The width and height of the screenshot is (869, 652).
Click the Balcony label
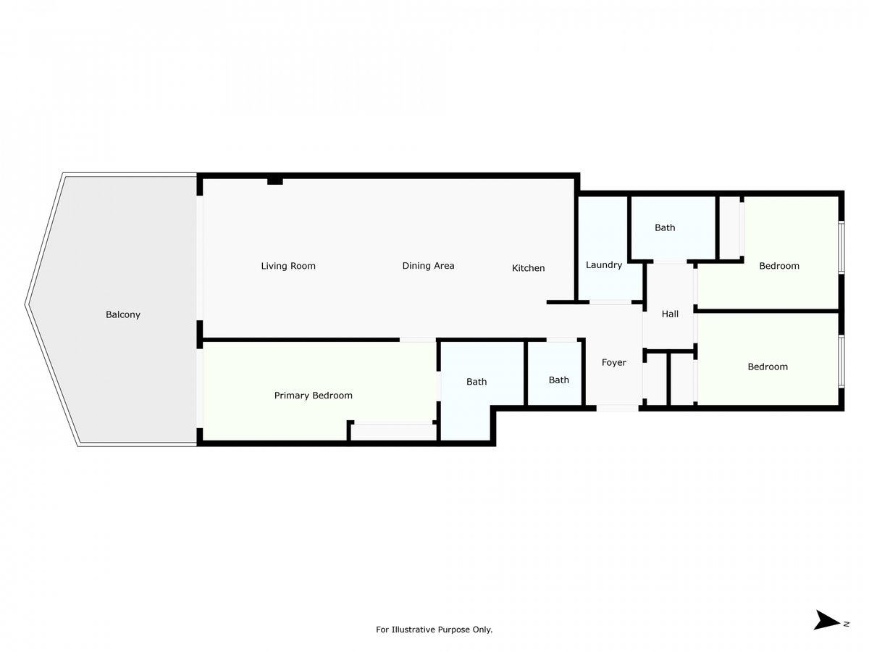[x=122, y=314]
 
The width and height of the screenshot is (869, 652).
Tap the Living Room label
[x=288, y=266]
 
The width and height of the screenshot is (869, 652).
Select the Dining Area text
[x=428, y=266]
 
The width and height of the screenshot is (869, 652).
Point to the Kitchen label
[x=528, y=268]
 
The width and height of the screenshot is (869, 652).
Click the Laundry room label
[x=604, y=265]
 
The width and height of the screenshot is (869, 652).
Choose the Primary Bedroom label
[x=313, y=396]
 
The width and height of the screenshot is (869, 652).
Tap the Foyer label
[x=613, y=363]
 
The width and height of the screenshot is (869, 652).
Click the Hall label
[x=670, y=314]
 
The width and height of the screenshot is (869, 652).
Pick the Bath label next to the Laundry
[x=665, y=227]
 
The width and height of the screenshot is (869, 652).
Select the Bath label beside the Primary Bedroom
[x=477, y=382]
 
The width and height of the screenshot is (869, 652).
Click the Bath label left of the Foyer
[x=558, y=380]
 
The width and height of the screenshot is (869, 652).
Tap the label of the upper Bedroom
[x=778, y=266]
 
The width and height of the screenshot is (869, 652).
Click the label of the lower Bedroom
[x=767, y=367]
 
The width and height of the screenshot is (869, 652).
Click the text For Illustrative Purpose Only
[x=434, y=630]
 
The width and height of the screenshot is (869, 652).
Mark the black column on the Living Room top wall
[x=274, y=181]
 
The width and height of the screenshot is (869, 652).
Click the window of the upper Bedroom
[x=841, y=248]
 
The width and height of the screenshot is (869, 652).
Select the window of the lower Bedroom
[x=841, y=361]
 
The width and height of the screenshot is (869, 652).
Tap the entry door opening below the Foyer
[x=617, y=408]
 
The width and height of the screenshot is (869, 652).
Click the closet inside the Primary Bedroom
[x=393, y=432]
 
